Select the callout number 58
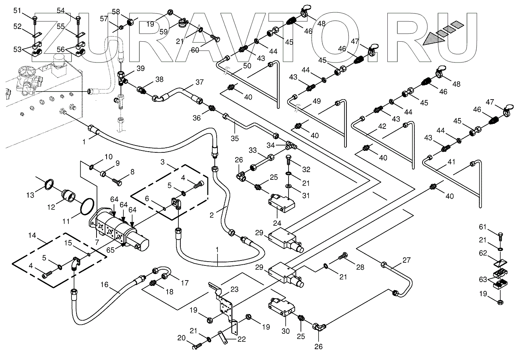point(116,11)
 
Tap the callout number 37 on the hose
point(199,82)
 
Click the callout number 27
point(407,260)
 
